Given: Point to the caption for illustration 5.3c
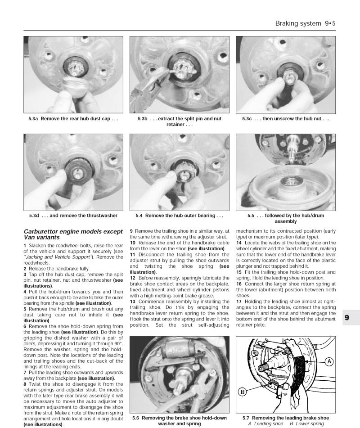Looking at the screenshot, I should [x=289, y=119].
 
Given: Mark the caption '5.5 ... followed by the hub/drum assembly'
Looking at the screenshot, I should [x=289, y=218].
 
